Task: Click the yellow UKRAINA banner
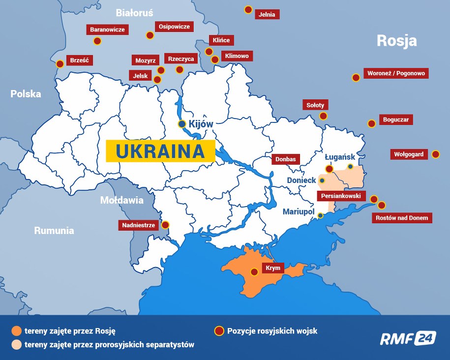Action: pos(160,151)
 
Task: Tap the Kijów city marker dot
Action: pos(182,124)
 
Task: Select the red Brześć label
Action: pos(79,61)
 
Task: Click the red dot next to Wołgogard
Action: pos(435,154)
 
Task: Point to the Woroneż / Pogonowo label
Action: pos(396,74)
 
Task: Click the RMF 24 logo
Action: pos(408,338)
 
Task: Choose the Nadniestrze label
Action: pos(138,225)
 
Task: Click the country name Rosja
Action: pos(396,41)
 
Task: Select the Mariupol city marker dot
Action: pos(320,215)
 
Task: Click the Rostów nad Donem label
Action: pos(402,217)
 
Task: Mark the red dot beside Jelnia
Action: pos(248,9)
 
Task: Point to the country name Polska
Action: pos(26,93)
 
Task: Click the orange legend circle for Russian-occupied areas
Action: pos(17,331)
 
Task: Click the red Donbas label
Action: pos(285,159)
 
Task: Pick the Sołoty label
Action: pos(315,105)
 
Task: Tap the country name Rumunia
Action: pos(54,230)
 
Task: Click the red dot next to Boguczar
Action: pos(372,124)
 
